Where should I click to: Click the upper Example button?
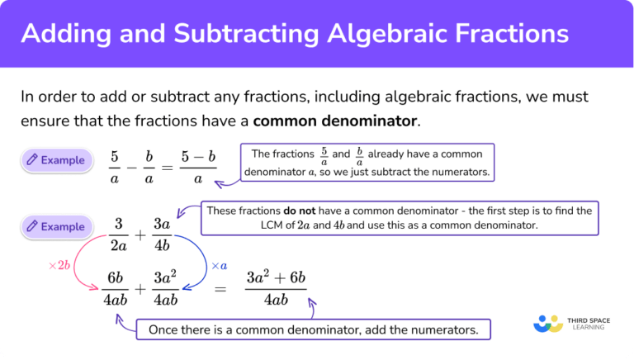click(x=56, y=160)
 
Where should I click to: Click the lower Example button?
click(x=56, y=226)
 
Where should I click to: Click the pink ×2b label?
click(x=61, y=266)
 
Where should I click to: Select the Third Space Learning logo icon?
click(x=548, y=323)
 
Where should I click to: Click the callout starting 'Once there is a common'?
click(x=313, y=329)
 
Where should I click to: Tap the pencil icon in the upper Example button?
click(x=32, y=160)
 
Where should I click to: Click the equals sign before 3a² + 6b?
click(x=220, y=288)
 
